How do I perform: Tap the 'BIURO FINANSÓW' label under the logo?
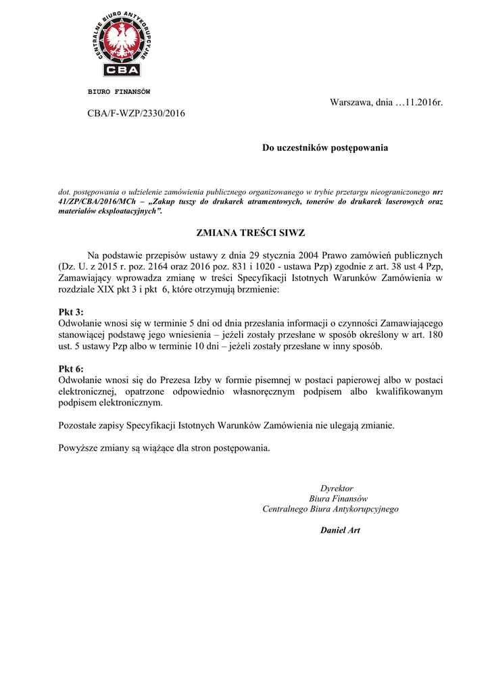tap(119, 91)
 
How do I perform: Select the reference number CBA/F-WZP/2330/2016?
tap(136, 114)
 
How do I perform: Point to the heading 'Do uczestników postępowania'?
tap(325, 147)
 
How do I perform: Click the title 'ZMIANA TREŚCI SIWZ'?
tap(250, 232)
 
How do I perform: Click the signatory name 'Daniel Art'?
tap(340, 530)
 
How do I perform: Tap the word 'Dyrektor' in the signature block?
tap(337, 488)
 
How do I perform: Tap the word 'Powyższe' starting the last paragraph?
tap(79, 448)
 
